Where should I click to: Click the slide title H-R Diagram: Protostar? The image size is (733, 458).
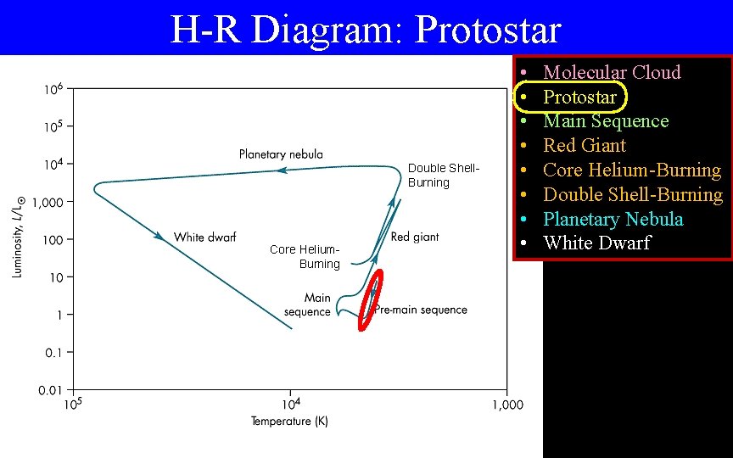366,30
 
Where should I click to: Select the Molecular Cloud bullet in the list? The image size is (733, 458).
612,72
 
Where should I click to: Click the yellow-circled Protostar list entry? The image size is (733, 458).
579,97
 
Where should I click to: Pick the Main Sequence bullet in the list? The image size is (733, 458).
606,121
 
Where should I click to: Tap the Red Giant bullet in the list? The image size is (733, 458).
585,145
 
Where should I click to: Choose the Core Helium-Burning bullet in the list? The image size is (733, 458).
632,170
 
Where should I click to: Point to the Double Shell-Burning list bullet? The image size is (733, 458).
633,194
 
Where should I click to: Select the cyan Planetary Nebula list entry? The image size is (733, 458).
613,219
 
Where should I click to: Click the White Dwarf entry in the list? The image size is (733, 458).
596,243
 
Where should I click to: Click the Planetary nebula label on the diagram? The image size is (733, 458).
281,154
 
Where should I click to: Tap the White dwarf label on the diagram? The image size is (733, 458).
204,237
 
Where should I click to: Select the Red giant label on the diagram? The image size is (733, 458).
415,237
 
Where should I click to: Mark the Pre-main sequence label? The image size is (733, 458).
422,310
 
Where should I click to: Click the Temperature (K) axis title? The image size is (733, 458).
289,422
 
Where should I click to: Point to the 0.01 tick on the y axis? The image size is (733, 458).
50,389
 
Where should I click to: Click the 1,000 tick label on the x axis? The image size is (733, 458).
506,405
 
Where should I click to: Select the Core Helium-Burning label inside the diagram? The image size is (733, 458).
305,256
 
